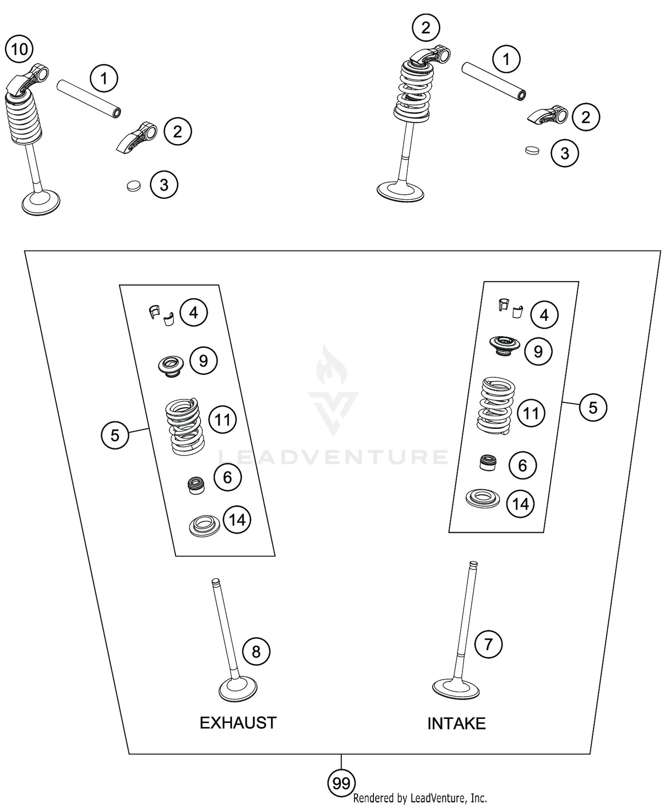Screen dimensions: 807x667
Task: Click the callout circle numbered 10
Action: click(x=20, y=49)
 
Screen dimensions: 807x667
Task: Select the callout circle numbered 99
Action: click(x=341, y=783)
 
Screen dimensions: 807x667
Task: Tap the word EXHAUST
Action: click(x=238, y=723)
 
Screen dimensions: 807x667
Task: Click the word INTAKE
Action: click(x=456, y=724)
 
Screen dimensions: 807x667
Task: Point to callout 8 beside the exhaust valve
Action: click(x=256, y=652)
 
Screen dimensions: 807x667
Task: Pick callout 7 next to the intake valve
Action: click(x=488, y=644)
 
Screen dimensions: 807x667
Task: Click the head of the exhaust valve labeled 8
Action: click(x=238, y=690)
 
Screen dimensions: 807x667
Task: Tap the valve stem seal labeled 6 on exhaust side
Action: click(x=196, y=485)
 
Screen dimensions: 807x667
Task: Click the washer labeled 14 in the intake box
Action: click(x=482, y=499)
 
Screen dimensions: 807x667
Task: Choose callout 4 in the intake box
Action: click(x=544, y=315)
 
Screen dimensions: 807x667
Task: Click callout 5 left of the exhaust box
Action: click(x=115, y=435)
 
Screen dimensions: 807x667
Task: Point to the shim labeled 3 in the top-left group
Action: click(x=133, y=186)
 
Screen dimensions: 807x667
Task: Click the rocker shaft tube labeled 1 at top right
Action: click(x=494, y=81)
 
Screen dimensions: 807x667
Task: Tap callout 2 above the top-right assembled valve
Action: click(x=426, y=28)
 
